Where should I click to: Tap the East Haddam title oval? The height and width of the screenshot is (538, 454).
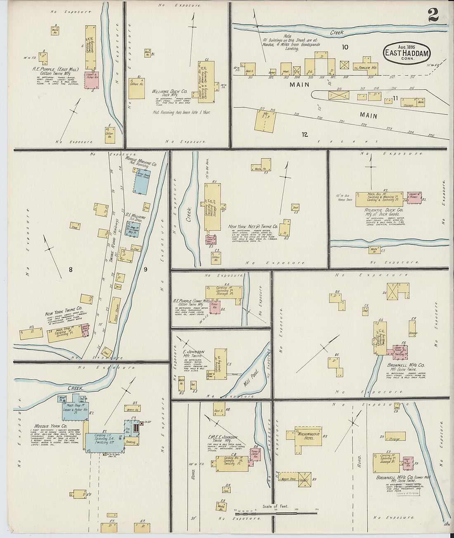(x=407, y=52)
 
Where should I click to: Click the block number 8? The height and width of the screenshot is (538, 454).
(x=71, y=270)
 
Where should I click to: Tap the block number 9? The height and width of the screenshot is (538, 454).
(x=145, y=269)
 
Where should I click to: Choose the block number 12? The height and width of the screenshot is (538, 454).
(x=305, y=134)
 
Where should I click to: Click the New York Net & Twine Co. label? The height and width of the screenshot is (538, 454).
(x=253, y=227)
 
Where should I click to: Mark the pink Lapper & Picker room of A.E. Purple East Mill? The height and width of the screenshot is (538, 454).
(x=92, y=80)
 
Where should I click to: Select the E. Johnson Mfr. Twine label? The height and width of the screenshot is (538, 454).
(x=193, y=354)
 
